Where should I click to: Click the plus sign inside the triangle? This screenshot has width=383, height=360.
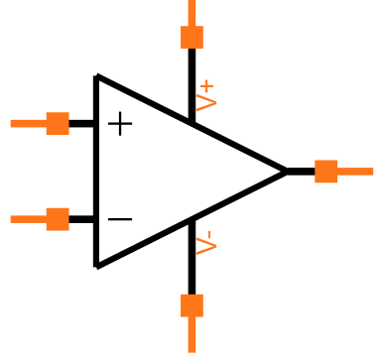coord(120,124)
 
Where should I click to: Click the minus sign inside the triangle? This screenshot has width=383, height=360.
coord(120,219)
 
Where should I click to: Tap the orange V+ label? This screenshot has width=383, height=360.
coord(206,95)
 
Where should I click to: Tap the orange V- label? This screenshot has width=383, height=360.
coord(206,244)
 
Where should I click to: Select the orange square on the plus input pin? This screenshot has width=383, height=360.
coord(58,123)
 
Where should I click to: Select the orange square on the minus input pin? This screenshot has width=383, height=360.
coord(58,219)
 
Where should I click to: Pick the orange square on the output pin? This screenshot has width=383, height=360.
coord(325,171)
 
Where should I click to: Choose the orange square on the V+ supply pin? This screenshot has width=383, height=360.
coord(191,38)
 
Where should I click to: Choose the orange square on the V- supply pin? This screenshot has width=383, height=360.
coord(191,304)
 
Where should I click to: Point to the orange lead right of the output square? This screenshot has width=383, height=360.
coord(355,171)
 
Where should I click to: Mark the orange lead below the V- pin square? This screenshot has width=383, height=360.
coord(191,335)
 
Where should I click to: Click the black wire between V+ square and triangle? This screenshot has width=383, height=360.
coord(191,84)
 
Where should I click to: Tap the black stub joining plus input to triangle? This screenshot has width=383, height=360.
coord(82,123)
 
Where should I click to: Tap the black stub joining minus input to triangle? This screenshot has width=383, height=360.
coord(82,219)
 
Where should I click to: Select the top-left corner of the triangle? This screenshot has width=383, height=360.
coord(96,76)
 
